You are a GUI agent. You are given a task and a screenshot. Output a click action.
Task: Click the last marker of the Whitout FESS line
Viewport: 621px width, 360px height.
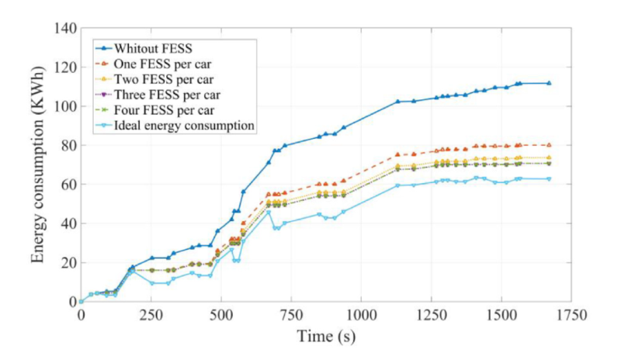click(x=549, y=83)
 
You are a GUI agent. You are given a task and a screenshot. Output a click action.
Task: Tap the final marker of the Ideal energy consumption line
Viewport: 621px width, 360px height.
click(x=549, y=178)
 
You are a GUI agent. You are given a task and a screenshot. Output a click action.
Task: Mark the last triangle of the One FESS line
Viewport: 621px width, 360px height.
click(x=549, y=145)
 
